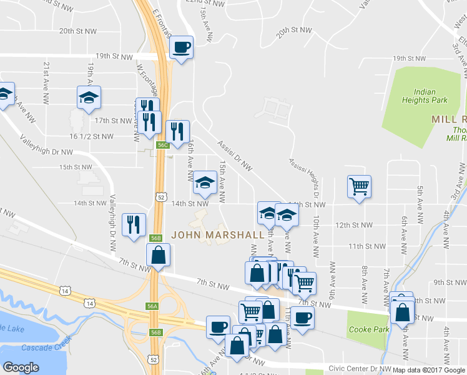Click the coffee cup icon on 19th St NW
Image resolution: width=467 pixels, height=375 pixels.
181,47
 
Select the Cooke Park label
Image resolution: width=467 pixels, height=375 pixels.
368,329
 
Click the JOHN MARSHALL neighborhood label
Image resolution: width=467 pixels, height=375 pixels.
217,235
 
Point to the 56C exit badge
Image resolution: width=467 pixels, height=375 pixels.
162,145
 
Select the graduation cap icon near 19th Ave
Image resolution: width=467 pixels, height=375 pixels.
89,97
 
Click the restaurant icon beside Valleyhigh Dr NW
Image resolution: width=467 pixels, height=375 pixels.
134,224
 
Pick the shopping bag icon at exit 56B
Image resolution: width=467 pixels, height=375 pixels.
159,255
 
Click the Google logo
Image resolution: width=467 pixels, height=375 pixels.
21,367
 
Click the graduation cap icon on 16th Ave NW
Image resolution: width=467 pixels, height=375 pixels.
204,182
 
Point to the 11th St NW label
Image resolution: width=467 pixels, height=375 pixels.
364,246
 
